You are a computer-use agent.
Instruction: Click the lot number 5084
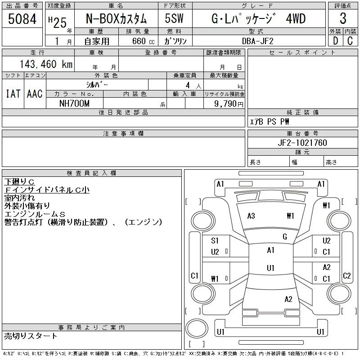[22, 19]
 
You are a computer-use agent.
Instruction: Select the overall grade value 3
[343, 18]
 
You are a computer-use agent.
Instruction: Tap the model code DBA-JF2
[258, 41]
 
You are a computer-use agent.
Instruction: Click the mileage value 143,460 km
[46, 64]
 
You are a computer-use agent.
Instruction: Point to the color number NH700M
[74, 103]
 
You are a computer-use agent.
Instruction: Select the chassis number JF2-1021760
[302, 143]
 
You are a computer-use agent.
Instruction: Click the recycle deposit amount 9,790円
[229, 104]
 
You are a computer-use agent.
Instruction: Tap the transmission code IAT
[13, 94]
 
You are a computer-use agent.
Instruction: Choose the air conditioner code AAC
[35, 94]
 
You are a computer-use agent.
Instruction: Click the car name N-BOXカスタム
[116, 18]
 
